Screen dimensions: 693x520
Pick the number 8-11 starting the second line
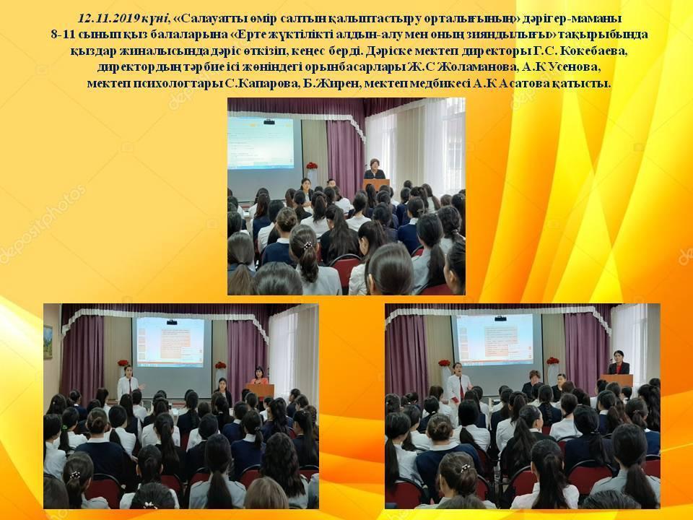pyautogui.click(x=61, y=35)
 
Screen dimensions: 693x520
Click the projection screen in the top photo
pyautogui.click(x=261, y=142)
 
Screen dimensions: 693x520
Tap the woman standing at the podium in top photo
pyautogui.click(x=375, y=169)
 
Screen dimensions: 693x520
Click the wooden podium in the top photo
pyautogui.click(x=377, y=186)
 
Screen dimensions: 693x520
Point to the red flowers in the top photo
pyautogui.click(x=312, y=166)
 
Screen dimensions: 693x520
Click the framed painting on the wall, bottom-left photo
pyautogui.click(x=48, y=342)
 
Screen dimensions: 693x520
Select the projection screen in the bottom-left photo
pyautogui.click(x=170, y=342)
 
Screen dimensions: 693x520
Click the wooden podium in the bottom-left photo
pyautogui.click(x=260, y=391)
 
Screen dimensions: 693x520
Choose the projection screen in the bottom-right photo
pyautogui.click(x=495, y=339)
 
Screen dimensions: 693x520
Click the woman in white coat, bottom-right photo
pyautogui.click(x=458, y=386)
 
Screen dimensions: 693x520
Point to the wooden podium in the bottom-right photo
pyautogui.click(x=617, y=380)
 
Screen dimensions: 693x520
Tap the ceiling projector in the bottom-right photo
pyautogui.click(x=500, y=318)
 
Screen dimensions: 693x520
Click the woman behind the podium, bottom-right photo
pyautogui.click(x=619, y=363)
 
